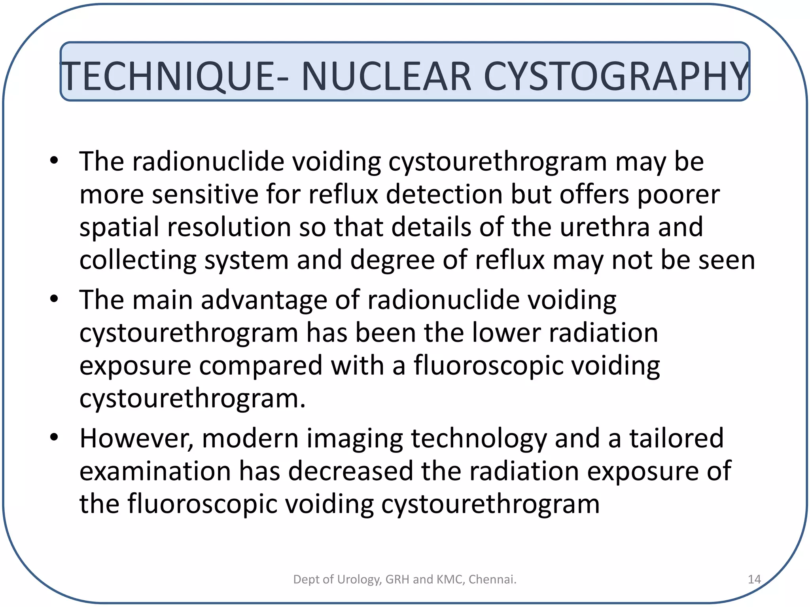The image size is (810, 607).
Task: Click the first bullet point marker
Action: pos(54,160)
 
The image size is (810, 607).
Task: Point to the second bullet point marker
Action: pos(54,299)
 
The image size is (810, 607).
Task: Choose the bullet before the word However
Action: pos(54,437)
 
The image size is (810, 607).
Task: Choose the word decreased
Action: pos(350,471)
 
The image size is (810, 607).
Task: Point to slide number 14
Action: pos(754,579)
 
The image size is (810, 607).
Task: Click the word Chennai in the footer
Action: pos(492,579)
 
